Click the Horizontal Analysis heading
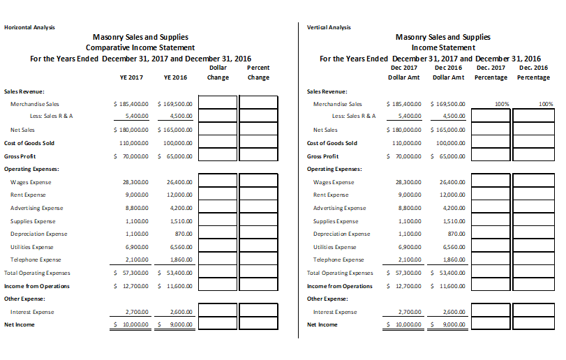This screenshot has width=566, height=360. pos(29,27)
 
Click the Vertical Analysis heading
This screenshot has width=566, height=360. pos(329,27)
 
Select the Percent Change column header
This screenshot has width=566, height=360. pos(258,73)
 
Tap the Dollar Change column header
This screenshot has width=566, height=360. pos(218,73)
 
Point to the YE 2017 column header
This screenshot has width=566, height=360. pos(132,77)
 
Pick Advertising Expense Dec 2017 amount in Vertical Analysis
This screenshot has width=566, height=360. pos(410,208)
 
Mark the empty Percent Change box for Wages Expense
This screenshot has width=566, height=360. pos(258,181)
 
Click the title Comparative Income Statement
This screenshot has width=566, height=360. pos(140,47)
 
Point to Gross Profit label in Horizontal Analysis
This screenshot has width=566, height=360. pos(20,156)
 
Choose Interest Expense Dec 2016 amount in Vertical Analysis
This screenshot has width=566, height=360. pos(454,312)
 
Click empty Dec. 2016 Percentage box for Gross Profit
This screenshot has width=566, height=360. pos(533,156)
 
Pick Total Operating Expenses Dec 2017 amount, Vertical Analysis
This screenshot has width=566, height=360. pos(406,273)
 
